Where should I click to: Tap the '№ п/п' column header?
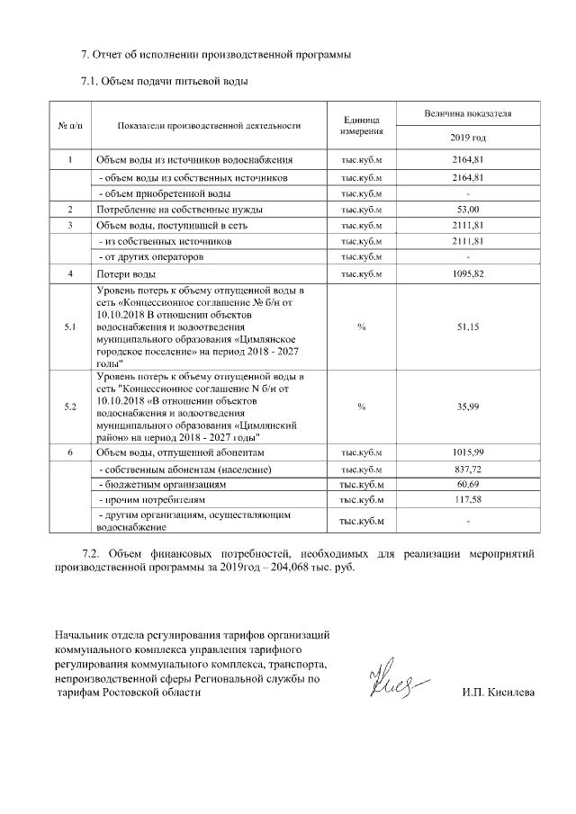pos(69,126)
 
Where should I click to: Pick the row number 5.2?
pos(70,407)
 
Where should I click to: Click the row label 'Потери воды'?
pos(127,273)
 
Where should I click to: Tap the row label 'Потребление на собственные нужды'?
pos(175,209)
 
